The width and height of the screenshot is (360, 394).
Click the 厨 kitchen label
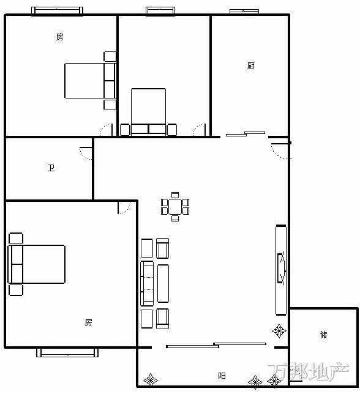(250, 66)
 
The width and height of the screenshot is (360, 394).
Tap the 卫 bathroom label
(51, 168)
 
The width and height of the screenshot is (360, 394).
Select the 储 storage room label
(323, 335)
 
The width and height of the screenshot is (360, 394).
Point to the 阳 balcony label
(222, 376)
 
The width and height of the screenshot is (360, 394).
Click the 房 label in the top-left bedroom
(59, 37)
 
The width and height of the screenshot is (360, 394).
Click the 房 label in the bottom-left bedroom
(89, 322)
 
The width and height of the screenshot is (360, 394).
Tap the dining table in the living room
(175, 207)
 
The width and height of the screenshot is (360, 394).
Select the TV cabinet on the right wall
(281, 270)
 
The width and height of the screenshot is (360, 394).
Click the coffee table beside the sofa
(163, 283)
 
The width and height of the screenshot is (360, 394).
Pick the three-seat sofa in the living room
(147, 283)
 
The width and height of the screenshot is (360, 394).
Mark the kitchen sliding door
(246, 133)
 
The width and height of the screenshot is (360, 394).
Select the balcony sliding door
(216, 345)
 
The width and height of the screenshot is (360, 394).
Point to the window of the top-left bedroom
(57, 11)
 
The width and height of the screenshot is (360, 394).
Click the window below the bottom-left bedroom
(67, 352)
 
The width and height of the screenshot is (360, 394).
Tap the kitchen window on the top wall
(244, 11)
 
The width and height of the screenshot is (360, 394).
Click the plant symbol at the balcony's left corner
(151, 380)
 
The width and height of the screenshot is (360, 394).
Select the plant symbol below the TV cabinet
(279, 330)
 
